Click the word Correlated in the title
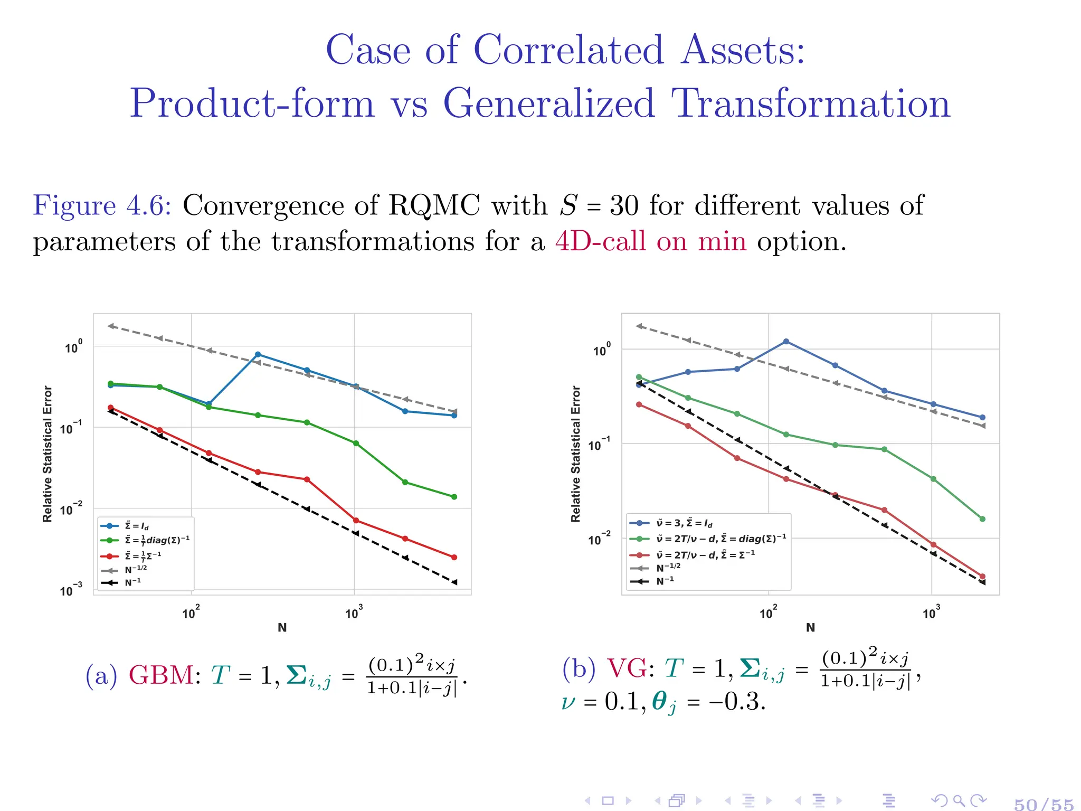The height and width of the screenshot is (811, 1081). tap(568, 50)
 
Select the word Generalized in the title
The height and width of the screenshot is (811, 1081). tap(549, 103)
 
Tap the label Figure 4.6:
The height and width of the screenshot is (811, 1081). tap(102, 205)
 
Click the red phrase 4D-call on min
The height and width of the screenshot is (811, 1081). tap(650, 242)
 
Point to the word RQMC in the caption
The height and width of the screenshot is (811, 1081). tap(434, 205)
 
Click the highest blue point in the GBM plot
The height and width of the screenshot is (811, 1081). tap(258, 354)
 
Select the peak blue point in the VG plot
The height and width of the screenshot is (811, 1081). tap(786, 342)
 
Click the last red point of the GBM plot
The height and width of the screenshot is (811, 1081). tap(454, 557)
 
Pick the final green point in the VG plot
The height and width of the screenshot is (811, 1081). tap(982, 519)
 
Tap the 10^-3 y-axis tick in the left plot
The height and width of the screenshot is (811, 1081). tap(71, 590)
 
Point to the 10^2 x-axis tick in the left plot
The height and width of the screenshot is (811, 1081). tap(191, 613)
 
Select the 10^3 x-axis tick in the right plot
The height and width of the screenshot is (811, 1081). tap(931, 613)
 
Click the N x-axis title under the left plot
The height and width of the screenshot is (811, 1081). tap(282, 627)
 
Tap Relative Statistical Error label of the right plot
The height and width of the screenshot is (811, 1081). tap(575, 454)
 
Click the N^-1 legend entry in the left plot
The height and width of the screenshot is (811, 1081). tap(132, 582)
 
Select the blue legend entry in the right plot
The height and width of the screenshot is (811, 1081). tap(684, 523)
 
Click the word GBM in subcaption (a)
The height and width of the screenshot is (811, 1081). tap(161, 675)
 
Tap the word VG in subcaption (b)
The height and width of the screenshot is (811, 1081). tap(627, 668)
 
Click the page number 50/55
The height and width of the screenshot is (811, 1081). tap(1044, 804)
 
